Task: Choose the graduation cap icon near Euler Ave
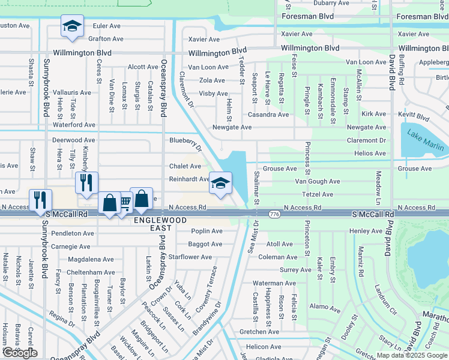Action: [x=72, y=27]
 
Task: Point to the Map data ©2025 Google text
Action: [x=411, y=355]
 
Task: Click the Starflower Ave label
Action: [x=191, y=257]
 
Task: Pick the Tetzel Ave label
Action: [x=318, y=194]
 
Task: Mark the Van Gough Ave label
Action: [x=318, y=181]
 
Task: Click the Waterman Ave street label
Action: [x=274, y=283]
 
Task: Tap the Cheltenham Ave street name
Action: [x=91, y=272]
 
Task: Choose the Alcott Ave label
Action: [x=143, y=67]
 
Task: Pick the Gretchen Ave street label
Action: [x=260, y=331]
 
